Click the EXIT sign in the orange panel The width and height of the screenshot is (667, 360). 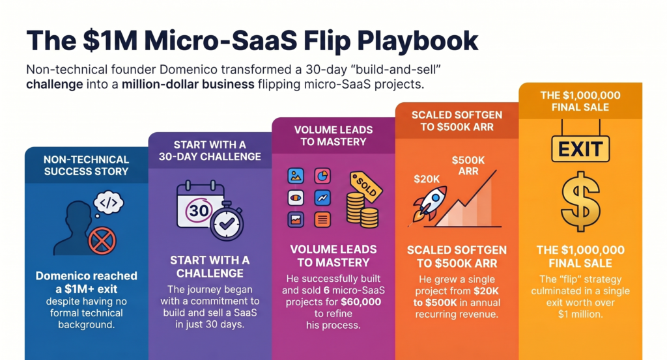pyautogui.click(x=580, y=148)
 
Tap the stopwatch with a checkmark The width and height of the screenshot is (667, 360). pyautogui.click(x=227, y=222)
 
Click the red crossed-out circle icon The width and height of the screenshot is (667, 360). pyautogui.click(x=102, y=240)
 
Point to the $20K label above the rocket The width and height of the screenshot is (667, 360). pyautogui.click(x=427, y=178)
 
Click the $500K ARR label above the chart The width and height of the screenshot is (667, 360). pyautogui.click(x=468, y=165)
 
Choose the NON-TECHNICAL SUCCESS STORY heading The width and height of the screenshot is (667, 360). pyautogui.click(x=86, y=165)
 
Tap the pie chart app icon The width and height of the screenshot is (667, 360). pyautogui.click(x=322, y=176)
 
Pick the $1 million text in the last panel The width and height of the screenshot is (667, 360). pyautogui.click(x=579, y=313)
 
